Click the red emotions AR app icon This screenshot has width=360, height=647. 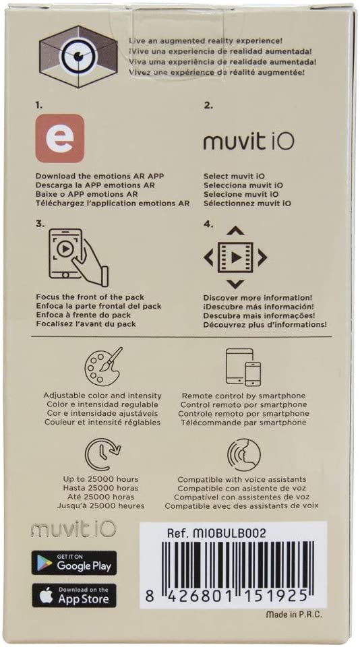pos(60,138)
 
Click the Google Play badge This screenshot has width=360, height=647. pos(74,563)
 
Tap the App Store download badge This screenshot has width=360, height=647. pos(74,596)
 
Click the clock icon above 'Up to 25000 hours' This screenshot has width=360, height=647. pos(102,455)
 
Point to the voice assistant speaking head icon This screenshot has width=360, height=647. pos(243,455)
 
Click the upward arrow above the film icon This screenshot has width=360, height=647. pos(235,231)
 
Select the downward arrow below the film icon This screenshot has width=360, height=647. pos(235,284)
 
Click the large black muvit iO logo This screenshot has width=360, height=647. pos(249,142)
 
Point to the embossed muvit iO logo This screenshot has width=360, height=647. pos(73,530)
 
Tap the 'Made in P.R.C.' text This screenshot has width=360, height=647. pos(294,615)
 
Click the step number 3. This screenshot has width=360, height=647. pos(40,224)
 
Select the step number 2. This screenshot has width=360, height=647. pos(208,106)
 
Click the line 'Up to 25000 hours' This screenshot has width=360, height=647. pos(100,479)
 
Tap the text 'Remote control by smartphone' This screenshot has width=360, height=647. pos(243,396)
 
